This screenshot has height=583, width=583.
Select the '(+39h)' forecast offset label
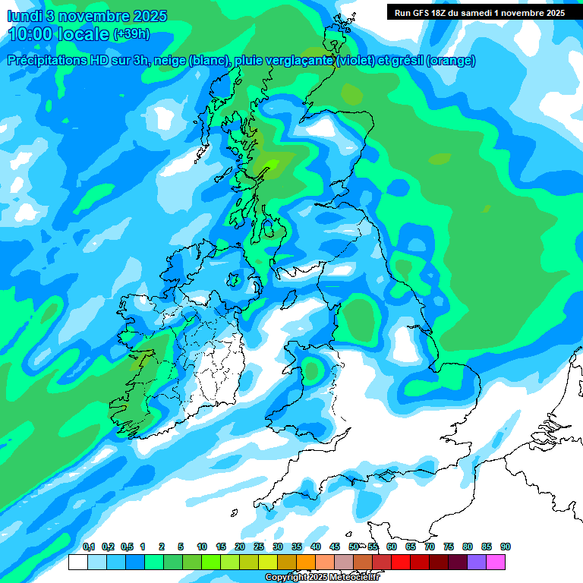click(131, 34)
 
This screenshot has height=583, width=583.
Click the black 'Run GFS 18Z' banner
click(479, 12)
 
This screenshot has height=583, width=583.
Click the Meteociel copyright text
click(322, 578)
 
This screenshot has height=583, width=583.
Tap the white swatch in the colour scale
click(77, 563)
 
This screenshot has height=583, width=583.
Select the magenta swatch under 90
click(496, 563)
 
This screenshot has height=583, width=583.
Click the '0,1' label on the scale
click(89, 547)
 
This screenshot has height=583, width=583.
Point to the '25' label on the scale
click(259, 547)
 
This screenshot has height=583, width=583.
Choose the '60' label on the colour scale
click(392, 547)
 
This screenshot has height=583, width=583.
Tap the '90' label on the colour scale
click(506, 547)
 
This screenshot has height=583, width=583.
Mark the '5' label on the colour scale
click(181, 547)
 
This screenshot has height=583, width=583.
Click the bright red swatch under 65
click(401, 563)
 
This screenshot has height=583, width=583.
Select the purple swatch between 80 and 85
click(477, 563)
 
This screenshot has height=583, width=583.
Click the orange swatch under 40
click(306, 563)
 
